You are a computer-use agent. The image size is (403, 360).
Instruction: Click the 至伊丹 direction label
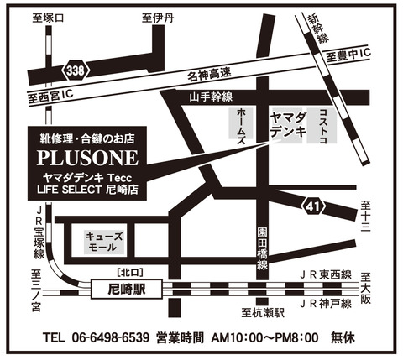tap(157, 17)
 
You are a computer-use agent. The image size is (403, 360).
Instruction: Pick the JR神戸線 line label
tap(322, 303)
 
